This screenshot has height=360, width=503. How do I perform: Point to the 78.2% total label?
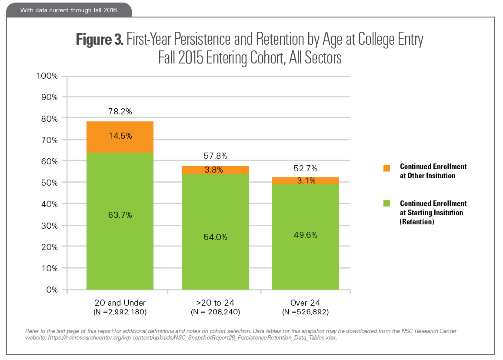pyautogui.click(x=120, y=112)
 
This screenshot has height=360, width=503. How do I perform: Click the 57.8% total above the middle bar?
pyautogui.click(x=216, y=156)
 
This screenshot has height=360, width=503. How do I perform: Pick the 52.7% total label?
pyautogui.click(x=305, y=168)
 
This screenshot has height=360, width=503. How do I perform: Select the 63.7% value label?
pyautogui.click(x=120, y=215)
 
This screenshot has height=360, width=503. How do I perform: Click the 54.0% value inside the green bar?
pyautogui.click(x=216, y=237)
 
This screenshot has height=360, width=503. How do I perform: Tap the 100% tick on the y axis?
pyautogui.click(x=46, y=76)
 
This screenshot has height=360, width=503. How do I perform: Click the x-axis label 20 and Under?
pyautogui.click(x=120, y=303)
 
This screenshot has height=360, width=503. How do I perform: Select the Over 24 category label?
pyautogui.click(x=305, y=303)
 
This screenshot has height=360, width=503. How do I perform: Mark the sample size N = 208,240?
pyautogui.click(x=216, y=312)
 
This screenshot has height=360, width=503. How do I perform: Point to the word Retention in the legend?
pyautogui.click(x=417, y=222)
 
